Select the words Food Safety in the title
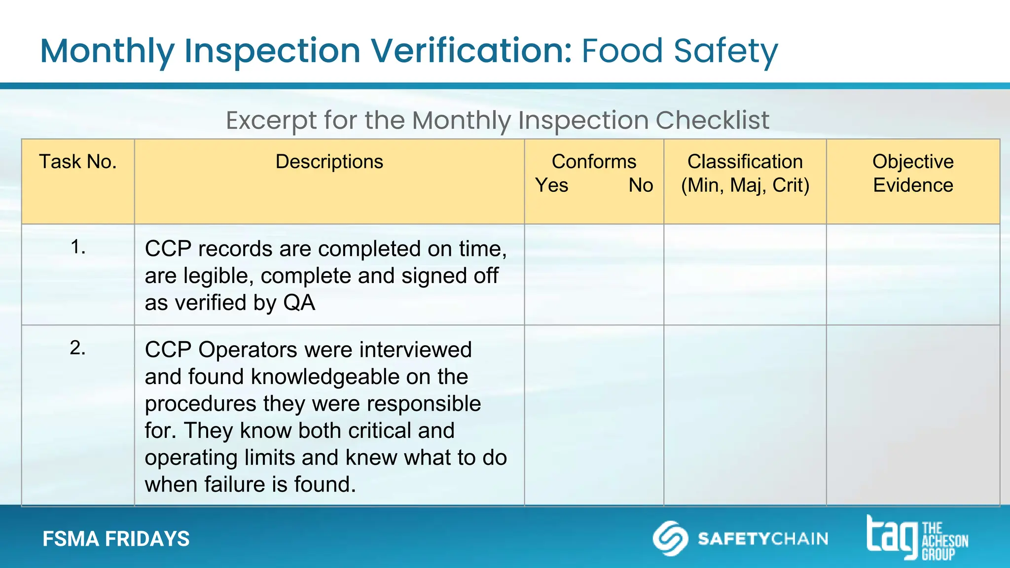pos(680,51)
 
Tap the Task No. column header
pos(78,162)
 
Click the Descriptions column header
pos(329,162)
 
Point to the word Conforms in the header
pos(594,162)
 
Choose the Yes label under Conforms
pos(552,185)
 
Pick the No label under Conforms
pos(641,185)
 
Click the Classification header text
pos(745,162)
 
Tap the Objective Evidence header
pos(913,173)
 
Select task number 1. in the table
pos(78,247)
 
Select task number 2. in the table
pos(78,348)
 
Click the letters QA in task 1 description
pos(299,303)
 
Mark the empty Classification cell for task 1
pos(745,275)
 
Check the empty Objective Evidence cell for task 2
pos(913,415)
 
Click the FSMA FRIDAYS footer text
pos(116,539)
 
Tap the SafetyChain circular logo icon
pos(670,538)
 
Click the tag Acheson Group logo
pos(917,538)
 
